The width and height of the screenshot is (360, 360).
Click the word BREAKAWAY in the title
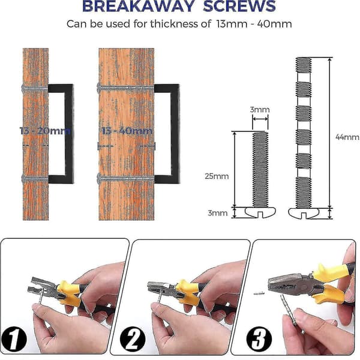tap(139, 6)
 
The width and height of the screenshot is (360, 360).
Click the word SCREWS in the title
tap(239, 6)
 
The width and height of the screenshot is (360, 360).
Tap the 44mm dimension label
tap(347, 137)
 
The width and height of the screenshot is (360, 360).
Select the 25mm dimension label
tap(217, 176)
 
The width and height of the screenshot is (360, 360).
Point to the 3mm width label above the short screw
tap(260, 110)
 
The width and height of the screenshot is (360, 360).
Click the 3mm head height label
tap(218, 213)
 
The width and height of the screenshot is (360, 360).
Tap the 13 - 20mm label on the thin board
tap(45, 131)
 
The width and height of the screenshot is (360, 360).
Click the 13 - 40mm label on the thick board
tap(127, 131)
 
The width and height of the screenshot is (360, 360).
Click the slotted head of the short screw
tap(260, 212)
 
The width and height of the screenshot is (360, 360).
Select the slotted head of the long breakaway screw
tap(303, 213)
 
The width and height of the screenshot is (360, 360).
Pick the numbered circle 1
tap(14, 339)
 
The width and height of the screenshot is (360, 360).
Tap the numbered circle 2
tap(133, 339)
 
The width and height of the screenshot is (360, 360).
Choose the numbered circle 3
tap(259, 339)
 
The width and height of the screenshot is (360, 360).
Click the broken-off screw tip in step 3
tap(259, 293)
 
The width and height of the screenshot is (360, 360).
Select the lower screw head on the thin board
tap(23, 178)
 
